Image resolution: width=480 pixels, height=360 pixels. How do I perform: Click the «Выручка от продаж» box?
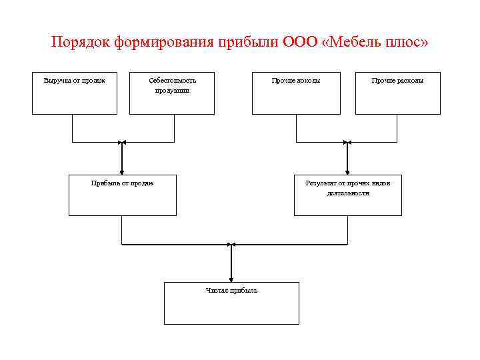(x=75, y=93)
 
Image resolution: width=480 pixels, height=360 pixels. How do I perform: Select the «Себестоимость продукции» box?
(x=172, y=93)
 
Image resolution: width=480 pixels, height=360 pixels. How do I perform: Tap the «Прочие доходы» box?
(x=295, y=93)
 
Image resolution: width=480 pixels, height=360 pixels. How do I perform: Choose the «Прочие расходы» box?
(x=397, y=93)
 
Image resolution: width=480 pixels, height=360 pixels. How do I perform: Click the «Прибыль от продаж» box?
(x=123, y=195)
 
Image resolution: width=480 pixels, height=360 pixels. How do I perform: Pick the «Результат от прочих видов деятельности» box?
(x=347, y=195)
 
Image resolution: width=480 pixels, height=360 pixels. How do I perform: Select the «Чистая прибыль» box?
(x=231, y=303)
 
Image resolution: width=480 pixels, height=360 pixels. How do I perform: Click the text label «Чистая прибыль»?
(x=231, y=291)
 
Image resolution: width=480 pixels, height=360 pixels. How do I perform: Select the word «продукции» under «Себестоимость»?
(x=172, y=90)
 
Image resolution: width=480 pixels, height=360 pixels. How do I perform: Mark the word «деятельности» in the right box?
(x=348, y=193)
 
